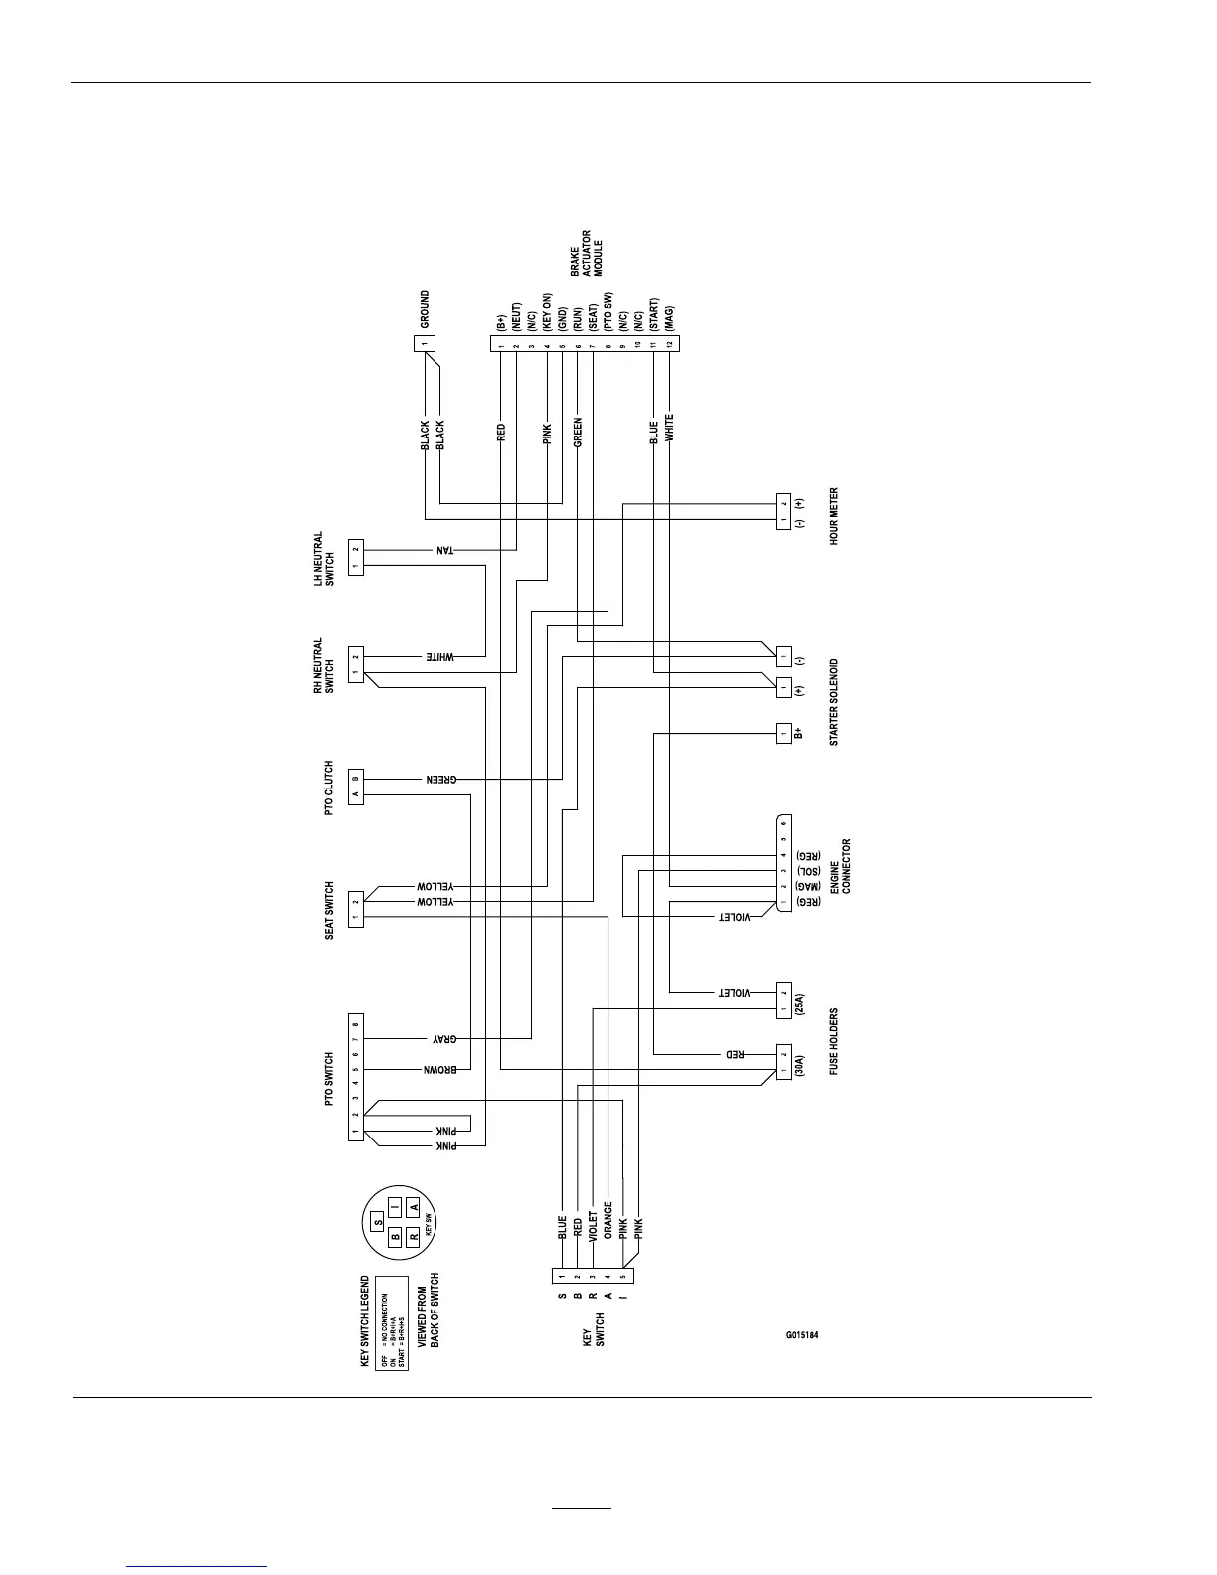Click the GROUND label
coord(425,310)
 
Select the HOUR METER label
coord(834,515)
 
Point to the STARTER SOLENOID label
coord(834,701)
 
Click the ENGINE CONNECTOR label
coord(840,867)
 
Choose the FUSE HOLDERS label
coord(834,1041)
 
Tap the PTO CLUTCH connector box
coord(355,784)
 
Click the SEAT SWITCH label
coord(330,910)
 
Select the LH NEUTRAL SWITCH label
coord(324,558)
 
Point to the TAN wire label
coord(443,550)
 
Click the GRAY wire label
coord(443,1039)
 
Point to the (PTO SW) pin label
coord(608,311)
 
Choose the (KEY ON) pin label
coord(547,311)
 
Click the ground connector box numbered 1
coord(425,343)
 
